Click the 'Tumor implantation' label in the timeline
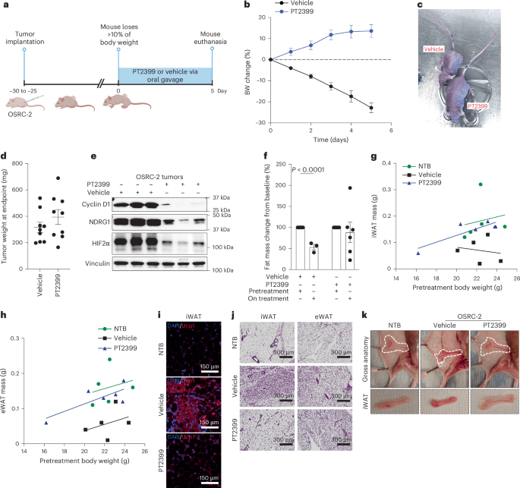coord(24,34)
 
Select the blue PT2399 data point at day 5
coord(371,31)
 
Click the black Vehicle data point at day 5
coord(371,108)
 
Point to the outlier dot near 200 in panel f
coord(350,187)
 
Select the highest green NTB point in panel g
coord(479,184)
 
